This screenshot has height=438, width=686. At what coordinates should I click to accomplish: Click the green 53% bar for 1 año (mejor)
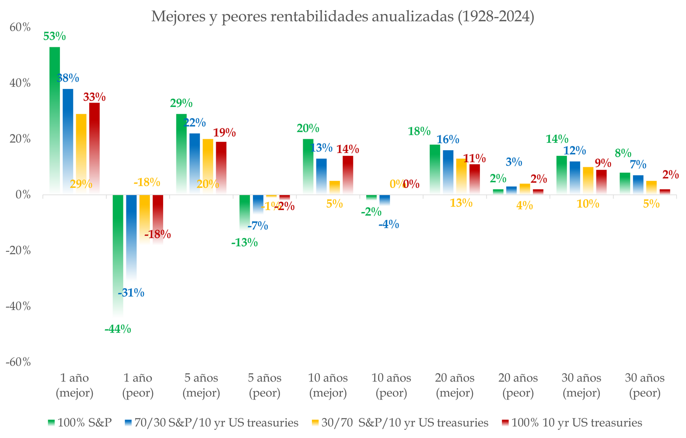pos(55,118)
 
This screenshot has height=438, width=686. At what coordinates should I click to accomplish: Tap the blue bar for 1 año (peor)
pos(131,237)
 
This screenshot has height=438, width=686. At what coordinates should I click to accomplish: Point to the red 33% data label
pos(94,97)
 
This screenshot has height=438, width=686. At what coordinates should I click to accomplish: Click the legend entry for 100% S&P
pos(80,423)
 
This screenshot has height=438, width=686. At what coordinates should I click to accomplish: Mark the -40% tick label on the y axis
pos(18,306)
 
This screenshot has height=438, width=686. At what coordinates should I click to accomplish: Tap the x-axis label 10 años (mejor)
pos(328,385)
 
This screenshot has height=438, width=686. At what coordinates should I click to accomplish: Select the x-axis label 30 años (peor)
pos(645,385)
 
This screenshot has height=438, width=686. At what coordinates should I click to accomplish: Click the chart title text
pos(343,17)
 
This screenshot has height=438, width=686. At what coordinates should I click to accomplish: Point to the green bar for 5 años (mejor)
pos(182,153)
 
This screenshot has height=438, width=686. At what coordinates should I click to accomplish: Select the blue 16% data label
pos(448,140)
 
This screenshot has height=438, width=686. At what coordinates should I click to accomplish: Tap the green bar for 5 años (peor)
pos(245,212)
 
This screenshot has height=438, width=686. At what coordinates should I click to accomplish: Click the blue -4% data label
pos(388,225)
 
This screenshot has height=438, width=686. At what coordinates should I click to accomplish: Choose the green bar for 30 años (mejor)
pos(562,175)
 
